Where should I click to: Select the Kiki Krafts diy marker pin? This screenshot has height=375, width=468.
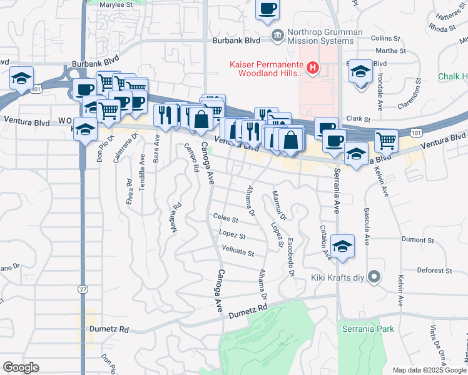pyautogui.click(x=374, y=276)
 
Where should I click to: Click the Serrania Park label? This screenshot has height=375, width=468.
pyautogui.click(x=369, y=328)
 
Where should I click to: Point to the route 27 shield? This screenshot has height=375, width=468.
pyautogui.click(x=83, y=289)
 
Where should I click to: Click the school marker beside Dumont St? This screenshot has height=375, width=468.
pyautogui.click(x=342, y=246)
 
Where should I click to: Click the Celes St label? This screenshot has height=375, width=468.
pyautogui.click(x=225, y=220)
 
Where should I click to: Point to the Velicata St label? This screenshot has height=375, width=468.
pyautogui.click(x=238, y=253)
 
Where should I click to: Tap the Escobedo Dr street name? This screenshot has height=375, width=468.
pyautogui.click(x=291, y=259)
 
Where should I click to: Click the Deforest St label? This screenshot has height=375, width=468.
pyautogui.click(x=435, y=271)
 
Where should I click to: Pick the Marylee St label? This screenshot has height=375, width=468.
pyautogui.click(x=118, y=4)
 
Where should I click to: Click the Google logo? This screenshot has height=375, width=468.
pyautogui.click(x=21, y=367)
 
